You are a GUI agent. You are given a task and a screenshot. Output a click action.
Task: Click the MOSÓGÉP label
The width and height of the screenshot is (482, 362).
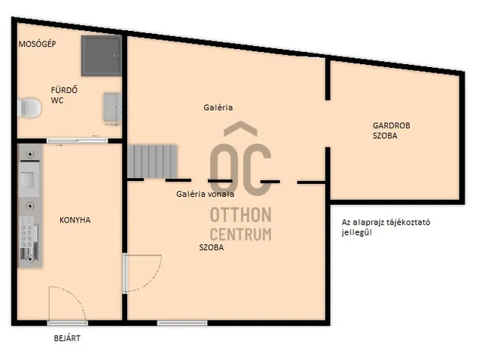click(x=37, y=44)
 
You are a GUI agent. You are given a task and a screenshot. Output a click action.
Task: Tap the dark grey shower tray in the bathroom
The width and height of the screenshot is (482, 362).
click(x=102, y=56)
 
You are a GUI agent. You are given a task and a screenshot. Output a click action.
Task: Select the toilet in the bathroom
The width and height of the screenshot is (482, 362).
click(x=29, y=108)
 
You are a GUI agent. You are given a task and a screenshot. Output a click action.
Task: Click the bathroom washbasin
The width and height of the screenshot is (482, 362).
click(x=112, y=108)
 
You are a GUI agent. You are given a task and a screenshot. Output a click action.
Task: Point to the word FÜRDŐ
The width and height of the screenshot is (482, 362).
click(x=64, y=90)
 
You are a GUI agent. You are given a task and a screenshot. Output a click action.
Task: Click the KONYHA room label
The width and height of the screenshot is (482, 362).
click(x=75, y=220)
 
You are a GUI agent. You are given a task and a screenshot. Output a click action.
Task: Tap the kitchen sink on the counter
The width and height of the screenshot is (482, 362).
click(x=29, y=179)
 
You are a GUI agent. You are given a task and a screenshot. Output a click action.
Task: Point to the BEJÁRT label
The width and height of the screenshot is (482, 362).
click(x=67, y=339)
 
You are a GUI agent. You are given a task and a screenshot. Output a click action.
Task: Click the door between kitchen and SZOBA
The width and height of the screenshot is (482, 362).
click(x=142, y=273)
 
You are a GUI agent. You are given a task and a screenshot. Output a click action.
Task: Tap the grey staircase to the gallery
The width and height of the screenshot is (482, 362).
click(x=152, y=161)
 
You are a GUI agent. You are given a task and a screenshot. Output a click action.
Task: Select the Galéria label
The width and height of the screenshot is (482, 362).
click(x=218, y=108)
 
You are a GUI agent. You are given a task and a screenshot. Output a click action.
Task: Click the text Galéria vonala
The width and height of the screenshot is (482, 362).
click(x=205, y=194)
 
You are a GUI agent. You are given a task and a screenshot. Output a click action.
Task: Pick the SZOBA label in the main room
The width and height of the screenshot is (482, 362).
click(x=211, y=247)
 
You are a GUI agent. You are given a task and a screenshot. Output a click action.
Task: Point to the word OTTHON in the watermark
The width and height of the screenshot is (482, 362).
click(x=241, y=214)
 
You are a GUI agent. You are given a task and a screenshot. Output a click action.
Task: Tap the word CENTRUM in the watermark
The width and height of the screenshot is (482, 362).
click(x=241, y=235)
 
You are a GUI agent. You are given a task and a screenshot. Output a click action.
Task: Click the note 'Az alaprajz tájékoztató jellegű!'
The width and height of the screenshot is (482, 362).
click(x=386, y=227)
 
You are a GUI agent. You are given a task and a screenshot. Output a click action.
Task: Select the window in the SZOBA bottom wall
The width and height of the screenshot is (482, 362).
click(x=182, y=323)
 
